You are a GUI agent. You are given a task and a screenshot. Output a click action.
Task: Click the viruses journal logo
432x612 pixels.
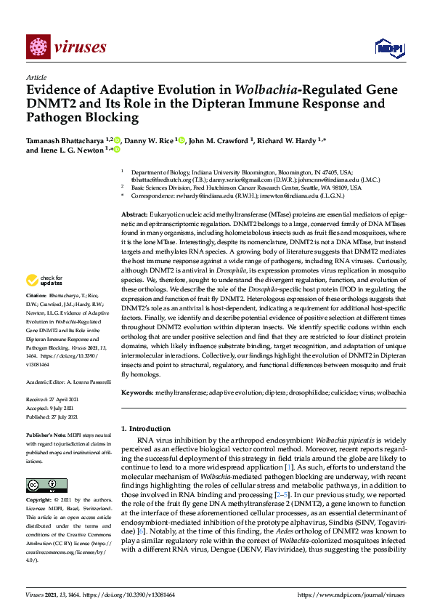coord(66,49)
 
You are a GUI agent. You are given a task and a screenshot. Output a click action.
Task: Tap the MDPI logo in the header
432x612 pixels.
coord(388,49)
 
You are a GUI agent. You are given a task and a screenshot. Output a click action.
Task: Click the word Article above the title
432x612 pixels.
coord(36,76)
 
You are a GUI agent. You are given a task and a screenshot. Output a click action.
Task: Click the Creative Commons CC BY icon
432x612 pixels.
coord(43,485)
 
